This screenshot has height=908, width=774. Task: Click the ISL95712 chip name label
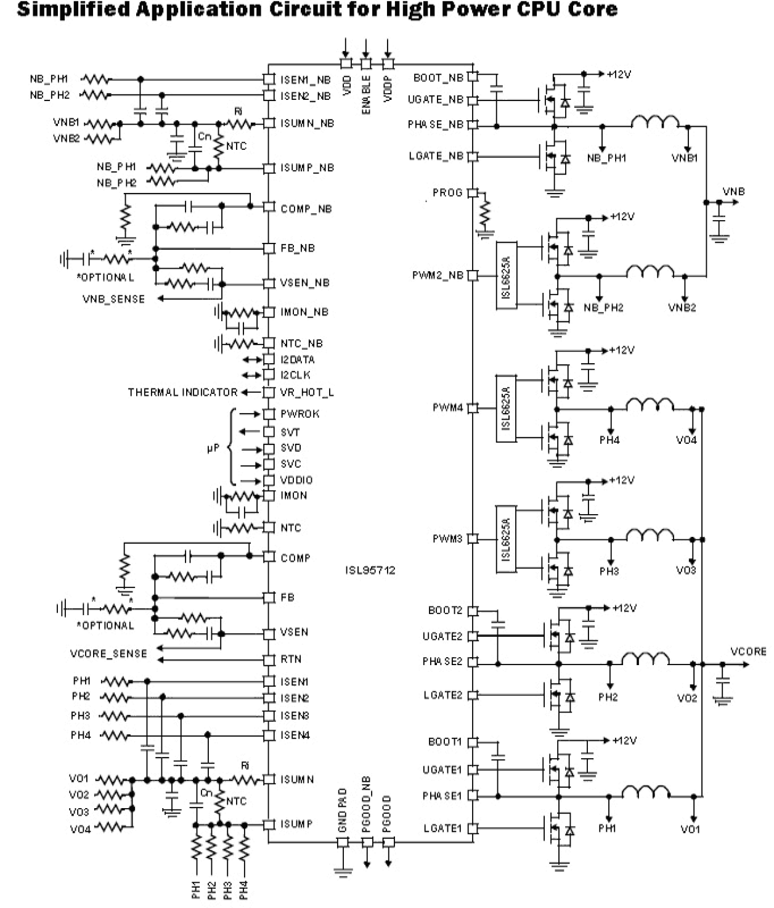pyautogui.click(x=370, y=570)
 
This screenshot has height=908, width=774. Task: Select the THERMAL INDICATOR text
pyautogui.click(x=182, y=392)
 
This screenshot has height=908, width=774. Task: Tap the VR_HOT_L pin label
pyautogui.click(x=307, y=392)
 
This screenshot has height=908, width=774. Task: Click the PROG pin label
pyautogui.click(x=447, y=193)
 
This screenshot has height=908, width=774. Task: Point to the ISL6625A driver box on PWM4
pyautogui.click(x=506, y=407)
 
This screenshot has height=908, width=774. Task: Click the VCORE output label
pyautogui.click(x=748, y=652)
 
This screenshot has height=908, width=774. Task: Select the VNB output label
pyautogui.click(x=733, y=192)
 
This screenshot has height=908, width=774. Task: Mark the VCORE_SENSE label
pyautogui.click(x=108, y=653)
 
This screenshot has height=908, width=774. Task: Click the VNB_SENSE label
pyautogui.click(x=114, y=299)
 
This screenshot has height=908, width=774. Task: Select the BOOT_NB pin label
pyautogui.click(x=438, y=78)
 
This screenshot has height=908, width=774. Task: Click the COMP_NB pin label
pyautogui.click(x=306, y=209)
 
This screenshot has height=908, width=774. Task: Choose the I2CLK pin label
pyautogui.click(x=295, y=375)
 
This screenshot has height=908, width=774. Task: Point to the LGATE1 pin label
pyautogui.click(x=442, y=828)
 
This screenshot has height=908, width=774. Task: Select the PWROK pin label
pyautogui.click(x=299, y=414)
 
